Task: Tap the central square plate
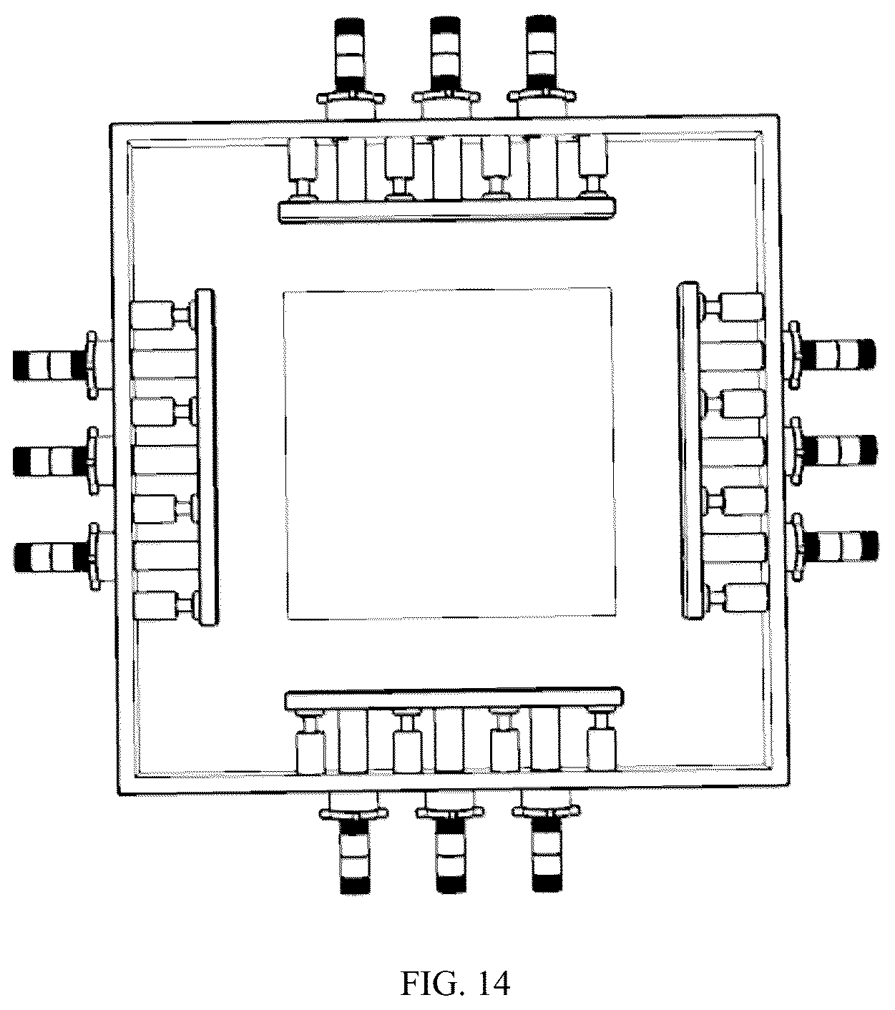[x=449, y=453]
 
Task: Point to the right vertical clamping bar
[x=688, y=451]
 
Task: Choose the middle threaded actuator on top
[x=446, y=67]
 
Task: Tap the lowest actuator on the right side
[x=833, y=547]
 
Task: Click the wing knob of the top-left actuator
[x=351, y=97]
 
